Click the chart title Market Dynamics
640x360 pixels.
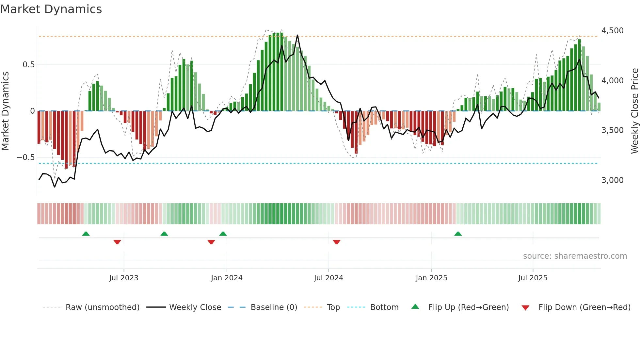click(51, 9)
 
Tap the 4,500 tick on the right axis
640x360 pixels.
click(612, 31)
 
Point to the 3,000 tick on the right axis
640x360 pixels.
click(612, 180)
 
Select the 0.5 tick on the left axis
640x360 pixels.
click(28, 65)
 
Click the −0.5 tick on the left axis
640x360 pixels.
click(26, 157)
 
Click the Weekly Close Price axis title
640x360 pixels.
click(634, 111)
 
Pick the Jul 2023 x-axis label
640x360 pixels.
click(124, 278)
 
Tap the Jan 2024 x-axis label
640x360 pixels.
click(227, 278)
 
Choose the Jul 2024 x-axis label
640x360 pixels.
click(328, 278)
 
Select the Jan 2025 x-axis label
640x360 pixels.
click(431, 278)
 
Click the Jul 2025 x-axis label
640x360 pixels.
click(533, 278)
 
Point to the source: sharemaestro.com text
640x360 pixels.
click(575, 256)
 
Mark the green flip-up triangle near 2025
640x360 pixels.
click(458, 234)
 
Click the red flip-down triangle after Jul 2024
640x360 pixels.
click(336, 242)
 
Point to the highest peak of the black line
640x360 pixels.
click(297, 35)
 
